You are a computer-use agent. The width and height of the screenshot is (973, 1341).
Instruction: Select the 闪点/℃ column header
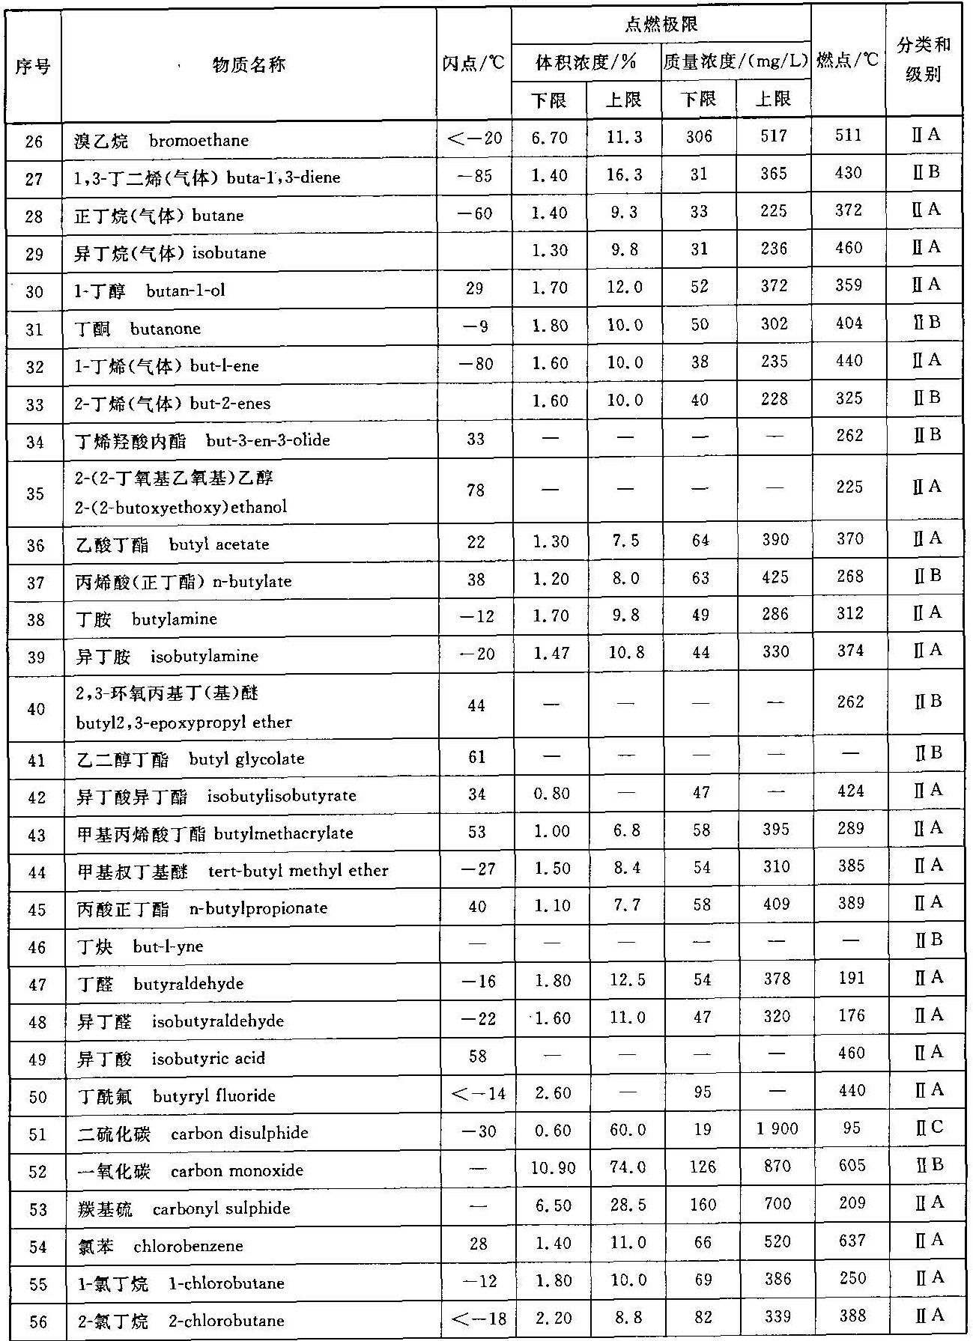(x=473, y=63)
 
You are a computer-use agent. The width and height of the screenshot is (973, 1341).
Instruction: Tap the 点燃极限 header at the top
(x=661, y=25)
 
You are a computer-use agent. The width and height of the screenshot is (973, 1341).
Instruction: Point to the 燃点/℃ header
(x=847, y=60)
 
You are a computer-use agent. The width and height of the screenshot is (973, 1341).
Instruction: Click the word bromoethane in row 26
(x=198, y=140)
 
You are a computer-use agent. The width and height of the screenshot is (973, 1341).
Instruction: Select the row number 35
(x=35, y=493)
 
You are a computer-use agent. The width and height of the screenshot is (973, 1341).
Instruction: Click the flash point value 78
(x=476, y=490)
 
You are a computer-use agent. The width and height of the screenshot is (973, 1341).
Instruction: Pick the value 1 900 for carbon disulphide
(x=777, y=1128)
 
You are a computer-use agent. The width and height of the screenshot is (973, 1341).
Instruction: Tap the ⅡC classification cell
(x=928, y=1128)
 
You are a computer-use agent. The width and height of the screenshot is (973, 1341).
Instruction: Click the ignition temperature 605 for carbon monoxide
(x=852, y=1166)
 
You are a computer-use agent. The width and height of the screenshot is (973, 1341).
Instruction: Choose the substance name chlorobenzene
(x=188, y=1246)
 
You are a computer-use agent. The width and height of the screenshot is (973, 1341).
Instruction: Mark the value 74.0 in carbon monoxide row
(x=627, y=1167)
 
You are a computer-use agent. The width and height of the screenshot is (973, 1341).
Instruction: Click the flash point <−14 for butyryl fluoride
(x=479, y=1094)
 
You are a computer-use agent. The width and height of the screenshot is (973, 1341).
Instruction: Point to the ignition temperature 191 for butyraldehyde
(x=851, y=978)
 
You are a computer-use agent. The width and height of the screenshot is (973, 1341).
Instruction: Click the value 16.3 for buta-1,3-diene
(x=625, y=174)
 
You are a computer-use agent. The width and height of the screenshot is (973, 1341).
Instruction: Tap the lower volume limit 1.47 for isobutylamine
(x=551, y=653)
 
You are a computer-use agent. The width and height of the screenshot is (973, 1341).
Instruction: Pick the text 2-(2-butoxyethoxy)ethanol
(x=181, y=507)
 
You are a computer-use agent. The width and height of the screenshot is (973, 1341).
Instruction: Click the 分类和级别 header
(x=924, y=59)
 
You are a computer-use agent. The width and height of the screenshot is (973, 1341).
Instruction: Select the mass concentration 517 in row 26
(x=774, y=136)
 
